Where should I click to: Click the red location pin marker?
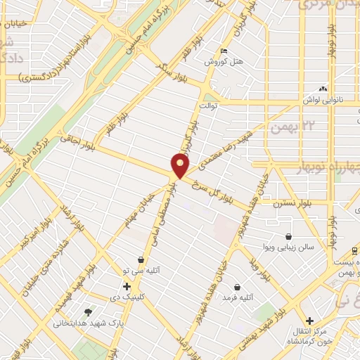181,166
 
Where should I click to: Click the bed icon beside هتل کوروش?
224,51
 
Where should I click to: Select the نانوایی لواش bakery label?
323,100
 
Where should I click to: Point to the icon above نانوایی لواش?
323,89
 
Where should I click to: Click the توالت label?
231,108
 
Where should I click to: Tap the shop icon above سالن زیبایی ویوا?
289,237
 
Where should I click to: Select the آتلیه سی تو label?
141,270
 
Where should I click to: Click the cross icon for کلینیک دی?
127,286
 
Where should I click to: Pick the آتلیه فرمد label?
237,298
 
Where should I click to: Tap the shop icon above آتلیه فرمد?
237,287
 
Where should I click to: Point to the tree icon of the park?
87,312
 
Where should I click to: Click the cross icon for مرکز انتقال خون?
309,321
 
